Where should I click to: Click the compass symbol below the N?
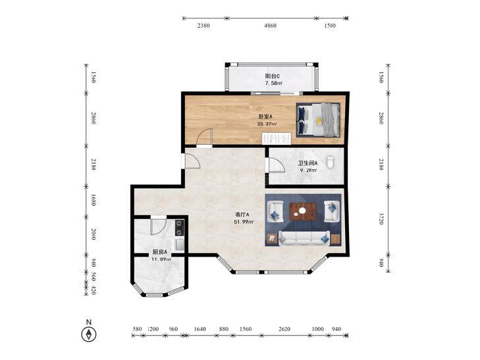89,334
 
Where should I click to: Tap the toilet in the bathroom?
330,162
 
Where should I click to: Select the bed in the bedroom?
318,120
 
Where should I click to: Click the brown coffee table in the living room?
303,211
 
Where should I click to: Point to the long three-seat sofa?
304,238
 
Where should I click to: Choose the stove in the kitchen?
179,228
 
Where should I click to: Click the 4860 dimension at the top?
271,26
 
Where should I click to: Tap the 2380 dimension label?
203,26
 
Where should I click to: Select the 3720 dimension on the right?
381,219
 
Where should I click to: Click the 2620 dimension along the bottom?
284,329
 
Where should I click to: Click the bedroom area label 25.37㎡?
267,124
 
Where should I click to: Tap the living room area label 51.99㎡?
244,222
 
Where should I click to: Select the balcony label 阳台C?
272,76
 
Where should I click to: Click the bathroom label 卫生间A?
307,163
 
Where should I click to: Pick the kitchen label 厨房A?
160,252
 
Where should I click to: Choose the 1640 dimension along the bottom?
200,329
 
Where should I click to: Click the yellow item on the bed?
319,120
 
